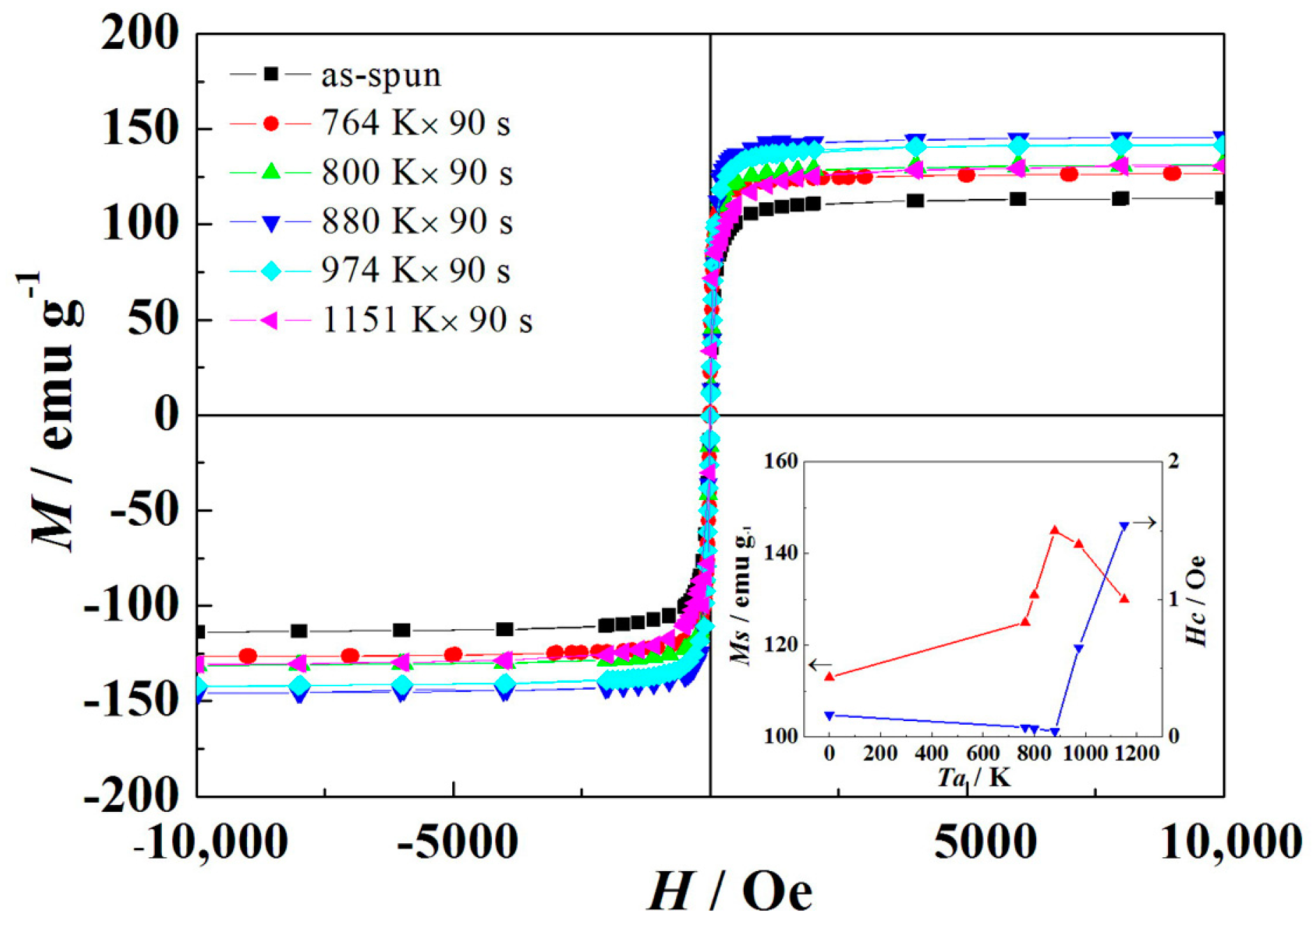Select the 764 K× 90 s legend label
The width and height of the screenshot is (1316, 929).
[x=416, y=123]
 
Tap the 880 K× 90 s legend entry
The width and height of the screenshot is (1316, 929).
[x=417, y=222]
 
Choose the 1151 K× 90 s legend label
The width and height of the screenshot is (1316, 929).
[x=427, y=320]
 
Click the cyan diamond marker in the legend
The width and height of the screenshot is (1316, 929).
[x=271, y=271]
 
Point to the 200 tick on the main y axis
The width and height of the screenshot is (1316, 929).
[x=140, y=33]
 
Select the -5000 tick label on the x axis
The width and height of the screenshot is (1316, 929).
[x=457, y=841]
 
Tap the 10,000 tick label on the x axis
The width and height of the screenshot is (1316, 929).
[x=1230, y=841]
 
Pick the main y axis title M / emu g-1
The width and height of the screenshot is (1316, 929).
[x=56, y=411]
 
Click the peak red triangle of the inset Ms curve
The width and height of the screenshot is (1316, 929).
[x=1054, y=530]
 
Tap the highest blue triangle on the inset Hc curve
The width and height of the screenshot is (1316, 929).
[x=1123, y=526]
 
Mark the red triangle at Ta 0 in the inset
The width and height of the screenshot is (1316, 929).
[x=830, y=676]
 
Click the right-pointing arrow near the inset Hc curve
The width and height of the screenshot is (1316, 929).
[x=1144, y=522]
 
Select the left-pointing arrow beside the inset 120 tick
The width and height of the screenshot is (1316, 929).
[x=820, y=665]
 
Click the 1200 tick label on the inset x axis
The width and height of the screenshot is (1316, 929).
[x=1137, y=753]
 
